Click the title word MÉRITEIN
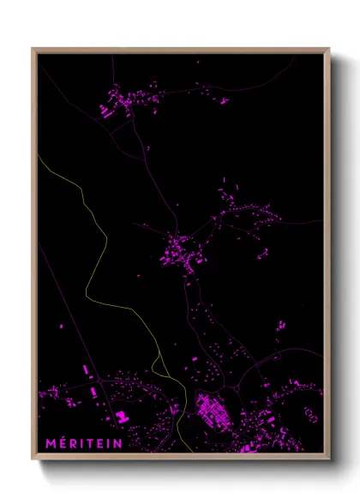[x=83, y=444]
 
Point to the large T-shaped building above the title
[x=122, y=417]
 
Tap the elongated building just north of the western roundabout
[x=87, y=370]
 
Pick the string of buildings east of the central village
[x=249, y=210]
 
